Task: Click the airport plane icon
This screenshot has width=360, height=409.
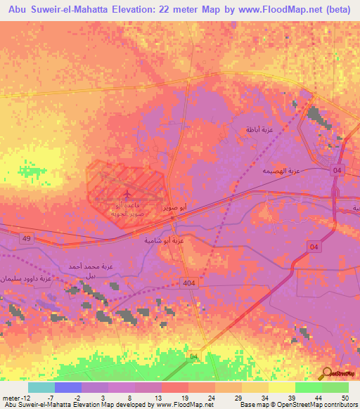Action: (x=127, y=193)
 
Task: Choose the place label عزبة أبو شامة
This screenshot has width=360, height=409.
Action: (x=165, y=240)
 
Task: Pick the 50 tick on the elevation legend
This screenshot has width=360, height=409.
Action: (x=344, y=398)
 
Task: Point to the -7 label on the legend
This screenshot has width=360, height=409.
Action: (x=60, y=398)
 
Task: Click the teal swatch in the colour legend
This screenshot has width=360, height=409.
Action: (x=41, y=387)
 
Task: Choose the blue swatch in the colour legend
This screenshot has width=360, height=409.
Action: (x=68, y=387)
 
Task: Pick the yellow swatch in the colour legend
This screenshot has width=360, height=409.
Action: (x=282, y=387)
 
